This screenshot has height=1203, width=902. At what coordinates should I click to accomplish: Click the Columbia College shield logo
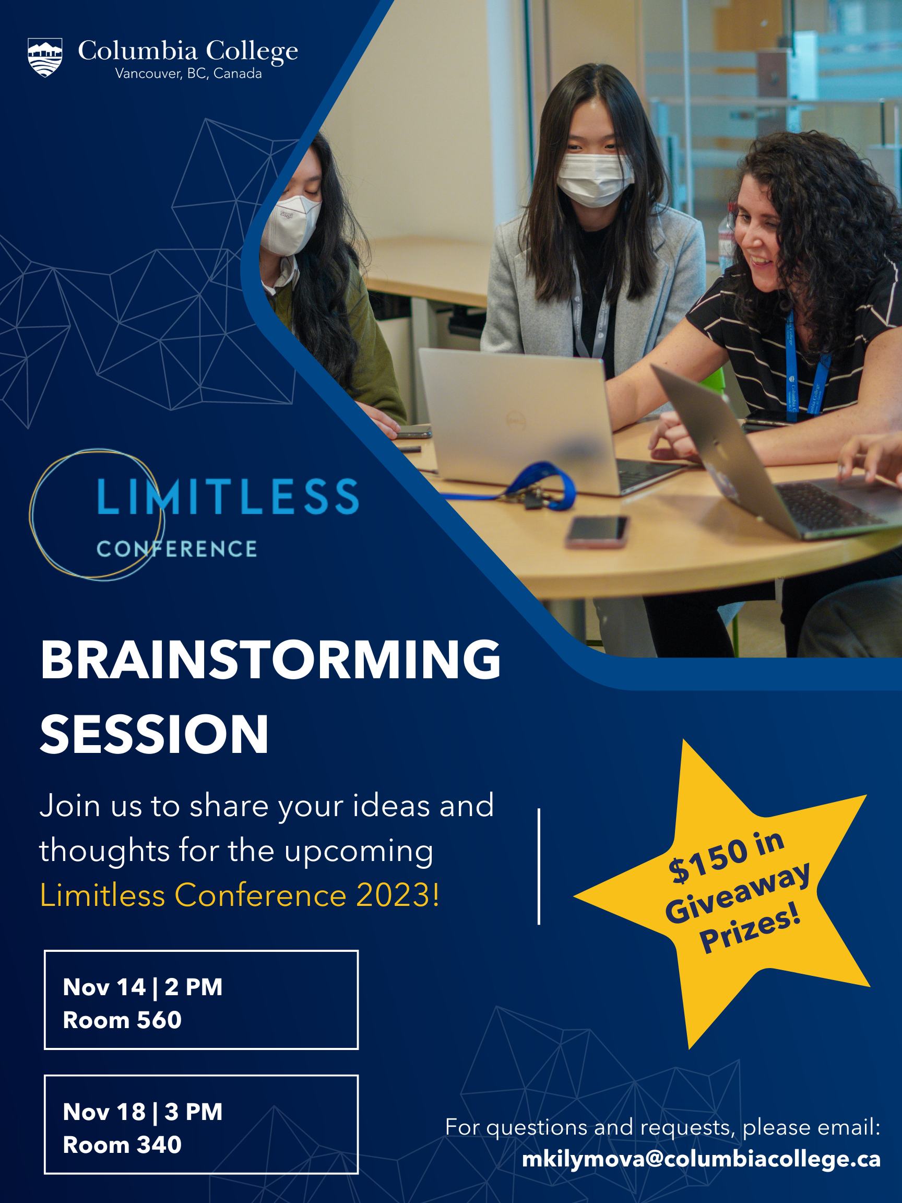click(45, 57)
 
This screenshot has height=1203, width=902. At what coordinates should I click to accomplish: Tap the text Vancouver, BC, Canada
click(188, 74)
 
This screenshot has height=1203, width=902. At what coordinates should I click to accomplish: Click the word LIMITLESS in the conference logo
click(228, 497)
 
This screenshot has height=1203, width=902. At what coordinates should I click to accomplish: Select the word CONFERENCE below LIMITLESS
click(177, 549)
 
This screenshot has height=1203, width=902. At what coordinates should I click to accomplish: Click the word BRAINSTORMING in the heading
click(270, 659)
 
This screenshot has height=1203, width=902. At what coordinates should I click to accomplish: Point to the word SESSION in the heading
click(155, 734)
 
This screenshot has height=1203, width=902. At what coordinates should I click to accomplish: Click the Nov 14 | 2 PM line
click(143, 987)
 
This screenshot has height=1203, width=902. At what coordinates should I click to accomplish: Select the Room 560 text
click(122, 1020)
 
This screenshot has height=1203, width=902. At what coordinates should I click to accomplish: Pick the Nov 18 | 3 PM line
click(143, 1112)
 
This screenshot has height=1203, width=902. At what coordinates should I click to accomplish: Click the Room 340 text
click(122, 1145)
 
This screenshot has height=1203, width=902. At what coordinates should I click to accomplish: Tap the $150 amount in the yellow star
click(707, 862)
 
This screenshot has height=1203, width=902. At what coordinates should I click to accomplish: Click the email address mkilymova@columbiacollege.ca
click(701, 1159)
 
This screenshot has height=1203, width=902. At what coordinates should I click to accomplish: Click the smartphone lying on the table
click(597, 532)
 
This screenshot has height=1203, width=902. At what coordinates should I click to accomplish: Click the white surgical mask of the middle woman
click(595, 179)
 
